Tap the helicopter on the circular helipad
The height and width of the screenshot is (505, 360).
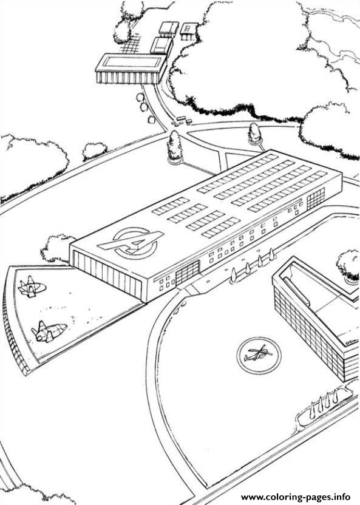258,354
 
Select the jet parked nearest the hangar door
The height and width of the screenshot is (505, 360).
32,286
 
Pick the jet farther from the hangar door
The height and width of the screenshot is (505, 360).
49,331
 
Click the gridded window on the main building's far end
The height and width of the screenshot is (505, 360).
316,198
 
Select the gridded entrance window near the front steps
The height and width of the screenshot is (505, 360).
188,273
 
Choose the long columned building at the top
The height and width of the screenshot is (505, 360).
131,69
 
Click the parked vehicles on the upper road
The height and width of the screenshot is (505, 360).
182,121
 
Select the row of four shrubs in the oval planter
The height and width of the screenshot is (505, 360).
324,402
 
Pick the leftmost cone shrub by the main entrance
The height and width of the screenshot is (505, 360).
233,275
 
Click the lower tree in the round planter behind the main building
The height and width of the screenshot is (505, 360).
255,134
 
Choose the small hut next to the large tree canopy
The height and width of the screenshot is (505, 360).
189,31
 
